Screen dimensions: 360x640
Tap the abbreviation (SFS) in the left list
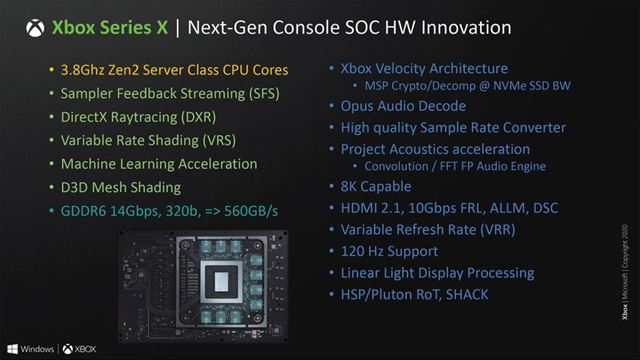[258, 94]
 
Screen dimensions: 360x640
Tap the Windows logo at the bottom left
[12, 349]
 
